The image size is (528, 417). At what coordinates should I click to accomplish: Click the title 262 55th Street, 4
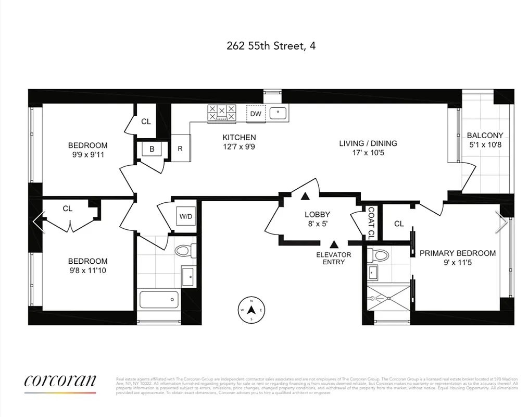tap(271, 46)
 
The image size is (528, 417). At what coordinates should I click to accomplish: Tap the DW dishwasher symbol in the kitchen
tap(256, 114)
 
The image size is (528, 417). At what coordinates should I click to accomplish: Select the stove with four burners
tap(221, 113)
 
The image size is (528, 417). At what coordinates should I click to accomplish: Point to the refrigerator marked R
tap(180, 148)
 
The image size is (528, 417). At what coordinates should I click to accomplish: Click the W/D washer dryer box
tap(185, 216)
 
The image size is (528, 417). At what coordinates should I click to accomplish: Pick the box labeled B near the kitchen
tap(152, 149)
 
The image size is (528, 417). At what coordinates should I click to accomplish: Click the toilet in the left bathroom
tap(184, 251)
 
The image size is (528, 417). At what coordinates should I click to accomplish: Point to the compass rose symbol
tap(252, 309)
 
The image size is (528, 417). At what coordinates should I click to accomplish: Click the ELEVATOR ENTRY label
tap(334, 258)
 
